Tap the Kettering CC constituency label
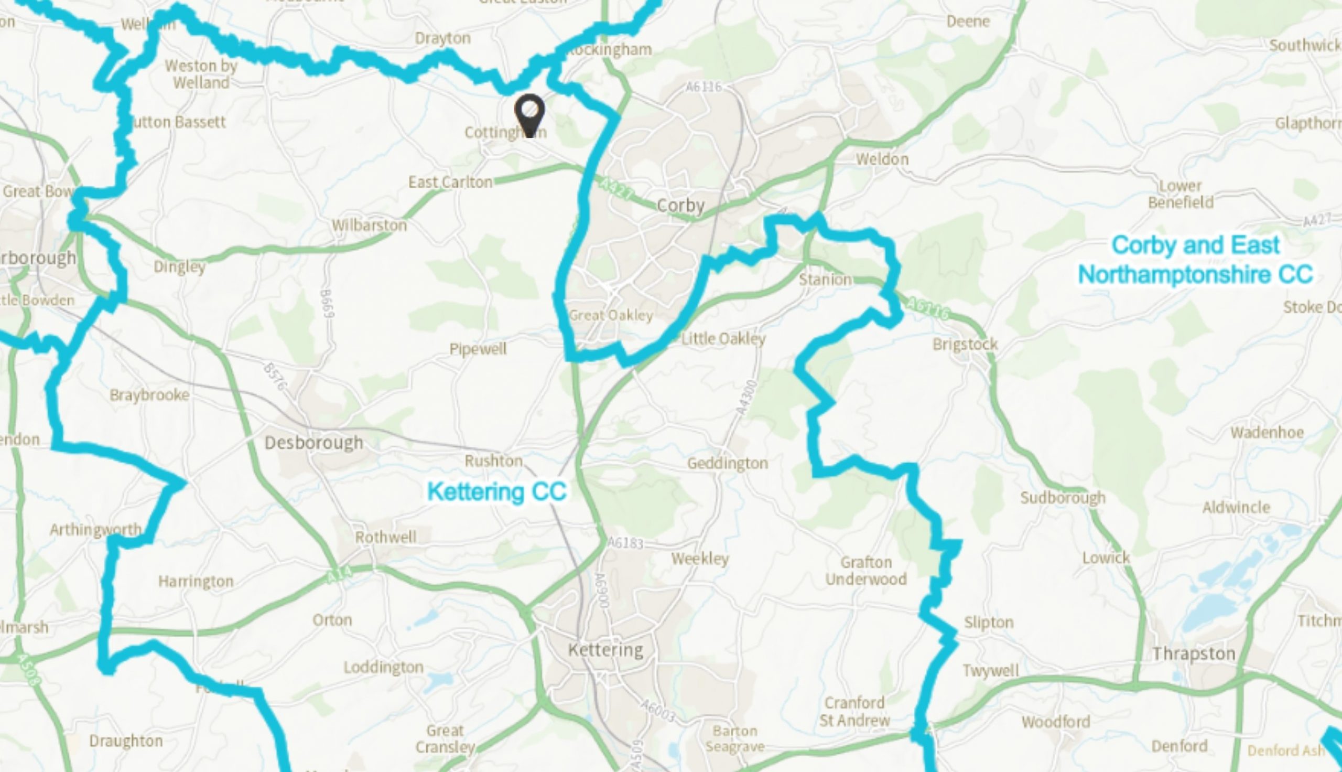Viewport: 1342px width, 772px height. pyautogui.click(x=497, y=491)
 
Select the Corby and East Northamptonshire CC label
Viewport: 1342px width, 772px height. pyautogui.click(x=1195, y=260)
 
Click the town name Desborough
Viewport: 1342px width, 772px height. pyautogui.click(x=313, y=443)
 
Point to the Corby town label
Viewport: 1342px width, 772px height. pyautogui.click(x=680, y=206)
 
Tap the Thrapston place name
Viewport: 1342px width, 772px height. pyautogui.click(x=1194, y=654)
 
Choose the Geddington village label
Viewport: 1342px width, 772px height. pyautogui.click(x=728, y=464)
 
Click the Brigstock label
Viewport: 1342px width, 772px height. pyautogui.click(x=965, y=345)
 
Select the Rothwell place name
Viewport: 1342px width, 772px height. pyautogui.click(x=386, y=537)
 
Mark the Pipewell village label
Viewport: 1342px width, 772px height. pyautogui.click(x=478, y=349)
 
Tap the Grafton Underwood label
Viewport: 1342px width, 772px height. pyautogui.click(x=865, y=571)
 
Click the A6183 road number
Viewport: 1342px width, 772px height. pyautogui.click(x=625, y=543)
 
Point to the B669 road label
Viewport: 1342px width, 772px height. pyautogui.click(x=327, y=304)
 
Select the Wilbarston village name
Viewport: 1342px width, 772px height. pyautogui.click(x=369, y=226)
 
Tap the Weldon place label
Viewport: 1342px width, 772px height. pyautogui.click(x=882, y=159)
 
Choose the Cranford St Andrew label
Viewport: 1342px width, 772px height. pyautogui.click(x=854, y=712)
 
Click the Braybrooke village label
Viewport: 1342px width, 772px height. pyautogui.click(x=149, y=395)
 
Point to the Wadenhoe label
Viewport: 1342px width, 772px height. pyautogui.click(x=1267, y=433)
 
